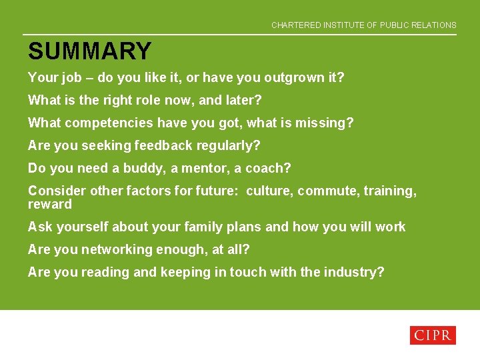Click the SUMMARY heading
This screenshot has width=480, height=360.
89,51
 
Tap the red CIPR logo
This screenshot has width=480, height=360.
433,335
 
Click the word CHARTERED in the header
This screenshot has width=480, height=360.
295,25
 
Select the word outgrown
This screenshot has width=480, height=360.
293,78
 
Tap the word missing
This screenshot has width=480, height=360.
325,123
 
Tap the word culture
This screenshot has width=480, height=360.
269,191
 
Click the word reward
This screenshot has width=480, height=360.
49,205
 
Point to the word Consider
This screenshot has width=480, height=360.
57,191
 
